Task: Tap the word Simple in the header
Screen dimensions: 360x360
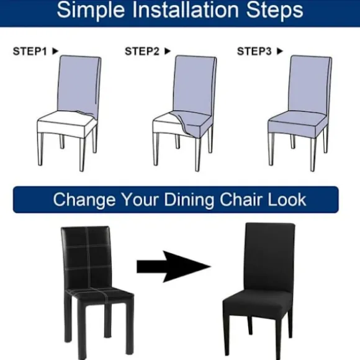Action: pyautogui.click(x=91, y=11)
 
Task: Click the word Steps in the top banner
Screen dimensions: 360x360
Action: pyautogui.click(x=274, y=11)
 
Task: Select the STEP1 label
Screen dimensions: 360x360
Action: pyautogui.click(x=30, y=51)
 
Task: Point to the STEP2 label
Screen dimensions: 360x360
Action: pyautogui.click(x=142, y=51)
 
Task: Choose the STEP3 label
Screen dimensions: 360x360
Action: pyautogui.click(x=254, y=51)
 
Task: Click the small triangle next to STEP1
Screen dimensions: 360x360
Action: pyautogui.click(x=55, y=51)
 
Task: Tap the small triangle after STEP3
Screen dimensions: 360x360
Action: pyautogui.click(x=279, y=51)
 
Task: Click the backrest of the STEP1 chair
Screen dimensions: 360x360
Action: pyautogui.click(x=79, y=85)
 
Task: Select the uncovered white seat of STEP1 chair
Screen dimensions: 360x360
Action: pyautogui.click(x=66, y=124)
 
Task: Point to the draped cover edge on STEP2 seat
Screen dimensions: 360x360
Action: pyautogui.click(x=181, y=124)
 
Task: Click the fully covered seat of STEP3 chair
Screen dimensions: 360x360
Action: pyautogui.click(x=297, y=124)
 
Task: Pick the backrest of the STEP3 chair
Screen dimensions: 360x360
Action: pyautogui.click(x=310, y=85)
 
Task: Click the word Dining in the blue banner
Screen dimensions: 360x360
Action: pyautogui.click(x=190, y=200)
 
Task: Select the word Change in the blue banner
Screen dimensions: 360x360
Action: pyautogui.click(x=84, y=200)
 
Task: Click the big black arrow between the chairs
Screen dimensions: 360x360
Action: pyautogui.click(x=174, y=266)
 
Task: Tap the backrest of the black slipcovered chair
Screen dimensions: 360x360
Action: pyautogui.click(x=269, y=257)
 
